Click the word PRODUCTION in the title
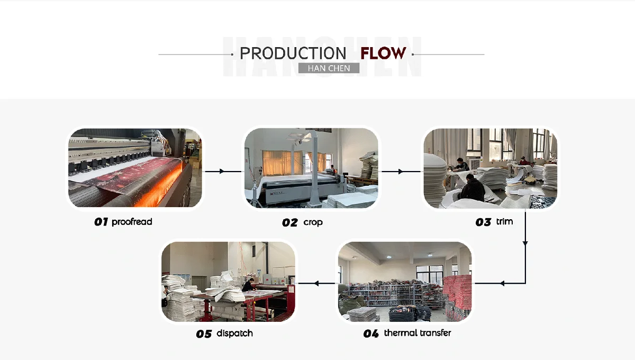point(293,53)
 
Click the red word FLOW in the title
point(383,53)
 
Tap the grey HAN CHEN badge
point(329,68)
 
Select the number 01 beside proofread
point(101,222)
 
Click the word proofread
point(132,222)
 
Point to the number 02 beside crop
point(289,223)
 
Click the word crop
point(313,222)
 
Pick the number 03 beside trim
point(483,222)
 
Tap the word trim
point(504,222)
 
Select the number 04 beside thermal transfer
point(371,334)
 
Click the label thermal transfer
point(418,333)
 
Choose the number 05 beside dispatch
point(204,334)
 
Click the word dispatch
point(234,334)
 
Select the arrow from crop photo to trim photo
point(401,171)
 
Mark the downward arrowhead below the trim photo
point(525,243)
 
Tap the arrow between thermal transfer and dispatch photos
point(316,283)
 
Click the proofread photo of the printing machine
point(135,168)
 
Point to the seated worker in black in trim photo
point(471,188)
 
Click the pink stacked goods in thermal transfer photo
point(457,296)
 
